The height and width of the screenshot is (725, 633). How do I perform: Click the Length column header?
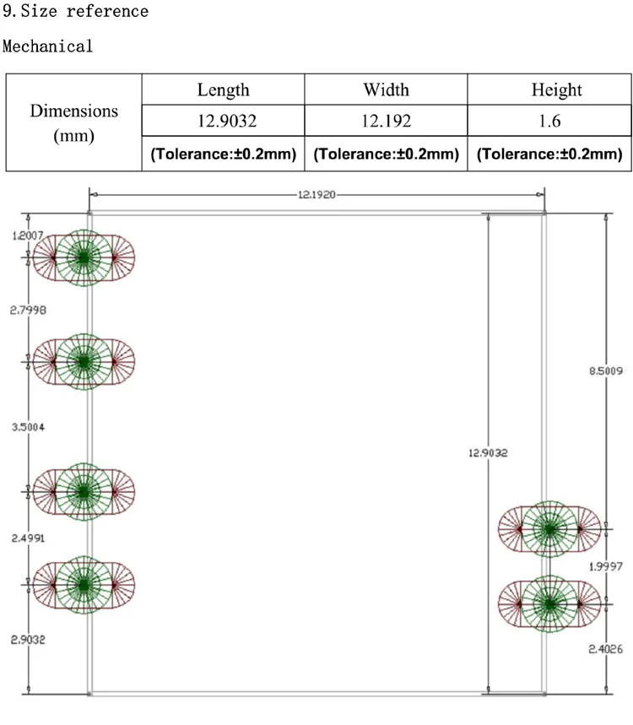[223, 90]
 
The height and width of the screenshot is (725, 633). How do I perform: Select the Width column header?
[386, 90]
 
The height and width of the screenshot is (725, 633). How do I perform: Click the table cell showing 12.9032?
[223, 122]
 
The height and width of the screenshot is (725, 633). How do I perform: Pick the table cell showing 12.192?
[386, 122]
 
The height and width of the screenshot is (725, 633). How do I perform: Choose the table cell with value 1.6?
[549, 122]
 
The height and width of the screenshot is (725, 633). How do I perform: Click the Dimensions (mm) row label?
[73, 122]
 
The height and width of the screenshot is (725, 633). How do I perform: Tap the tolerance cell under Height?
[549, 154]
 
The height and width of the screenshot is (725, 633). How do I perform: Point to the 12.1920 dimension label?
[316, 194]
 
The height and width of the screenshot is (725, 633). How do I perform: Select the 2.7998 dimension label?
[27, 311]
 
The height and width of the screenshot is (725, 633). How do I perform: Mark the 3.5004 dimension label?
[27, 427]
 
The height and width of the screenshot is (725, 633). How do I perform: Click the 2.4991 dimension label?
[27, 538]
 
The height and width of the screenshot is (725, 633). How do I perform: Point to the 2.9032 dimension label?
[27, 640]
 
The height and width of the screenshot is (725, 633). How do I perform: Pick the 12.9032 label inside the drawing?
[488, 453]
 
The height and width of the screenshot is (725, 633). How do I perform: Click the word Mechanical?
[48, 46]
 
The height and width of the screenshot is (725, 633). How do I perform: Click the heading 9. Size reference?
[75, 12]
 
